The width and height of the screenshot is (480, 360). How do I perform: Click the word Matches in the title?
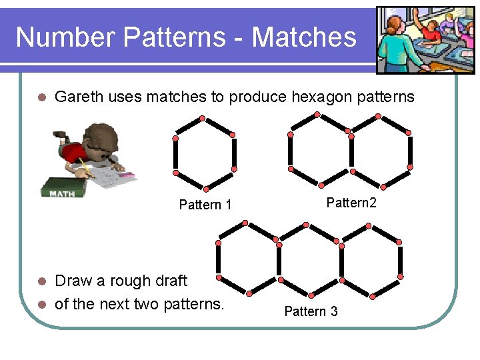[x=304, y=37]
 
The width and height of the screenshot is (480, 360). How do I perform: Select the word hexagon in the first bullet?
[x=315, y=97]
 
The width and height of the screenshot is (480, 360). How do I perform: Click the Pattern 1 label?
[x=205, y=205]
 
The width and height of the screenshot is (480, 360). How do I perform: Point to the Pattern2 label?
[x=351, y=203]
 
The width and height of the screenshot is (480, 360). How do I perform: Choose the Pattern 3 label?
[x=311, y=311]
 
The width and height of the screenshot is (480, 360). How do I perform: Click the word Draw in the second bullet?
[x=73, y=281]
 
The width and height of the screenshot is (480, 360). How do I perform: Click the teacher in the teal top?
[x=403, y=43]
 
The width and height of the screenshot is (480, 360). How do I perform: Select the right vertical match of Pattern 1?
[x=234, y=151]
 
